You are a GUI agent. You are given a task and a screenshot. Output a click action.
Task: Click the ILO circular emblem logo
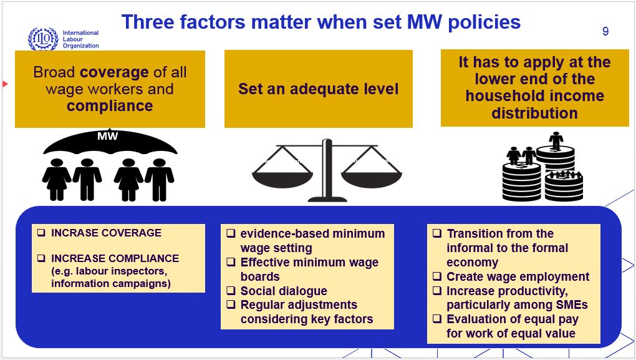43,39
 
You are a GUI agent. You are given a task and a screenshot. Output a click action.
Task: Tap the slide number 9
605,31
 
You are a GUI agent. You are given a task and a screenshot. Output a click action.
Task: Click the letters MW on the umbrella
107,136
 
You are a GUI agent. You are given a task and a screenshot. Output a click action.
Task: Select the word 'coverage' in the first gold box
114,72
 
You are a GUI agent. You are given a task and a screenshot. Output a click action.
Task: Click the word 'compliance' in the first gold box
110,106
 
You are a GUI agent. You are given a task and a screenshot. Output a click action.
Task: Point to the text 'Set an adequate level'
319,89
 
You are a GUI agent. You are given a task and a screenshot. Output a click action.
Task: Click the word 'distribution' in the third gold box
534,113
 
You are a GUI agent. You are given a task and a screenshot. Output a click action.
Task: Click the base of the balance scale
327,199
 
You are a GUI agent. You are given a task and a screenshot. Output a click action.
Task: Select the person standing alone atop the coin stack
556,140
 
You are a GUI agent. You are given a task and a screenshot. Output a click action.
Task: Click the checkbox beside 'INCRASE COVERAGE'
41,233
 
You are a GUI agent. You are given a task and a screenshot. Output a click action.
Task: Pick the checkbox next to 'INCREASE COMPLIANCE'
41,258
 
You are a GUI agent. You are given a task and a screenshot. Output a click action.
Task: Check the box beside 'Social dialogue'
231,291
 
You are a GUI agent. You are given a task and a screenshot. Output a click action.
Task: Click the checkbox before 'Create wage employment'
437,276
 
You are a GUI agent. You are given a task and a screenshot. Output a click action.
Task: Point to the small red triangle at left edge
5,84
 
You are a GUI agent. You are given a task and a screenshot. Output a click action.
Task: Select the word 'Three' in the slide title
148,22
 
